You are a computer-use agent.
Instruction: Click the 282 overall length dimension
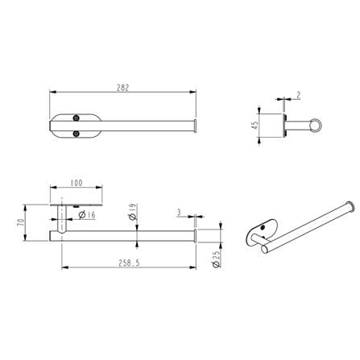[x=122, y=88]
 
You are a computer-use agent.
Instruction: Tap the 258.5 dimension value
[x=129, y=263]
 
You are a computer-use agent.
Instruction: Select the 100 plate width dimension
[x=77, y=183]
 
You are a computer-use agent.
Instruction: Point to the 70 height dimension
[x=21, y=222]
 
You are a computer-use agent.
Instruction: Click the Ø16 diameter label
[x=87, y=215]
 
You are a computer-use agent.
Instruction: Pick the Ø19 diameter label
[x=133, y=212]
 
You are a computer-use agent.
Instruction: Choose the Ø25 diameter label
[x=216, y=259]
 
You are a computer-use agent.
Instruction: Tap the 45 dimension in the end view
[x=254, y=125]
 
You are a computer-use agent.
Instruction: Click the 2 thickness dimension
[x=298, y=95]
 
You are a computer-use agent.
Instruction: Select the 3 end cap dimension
[x=179, y=213]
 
